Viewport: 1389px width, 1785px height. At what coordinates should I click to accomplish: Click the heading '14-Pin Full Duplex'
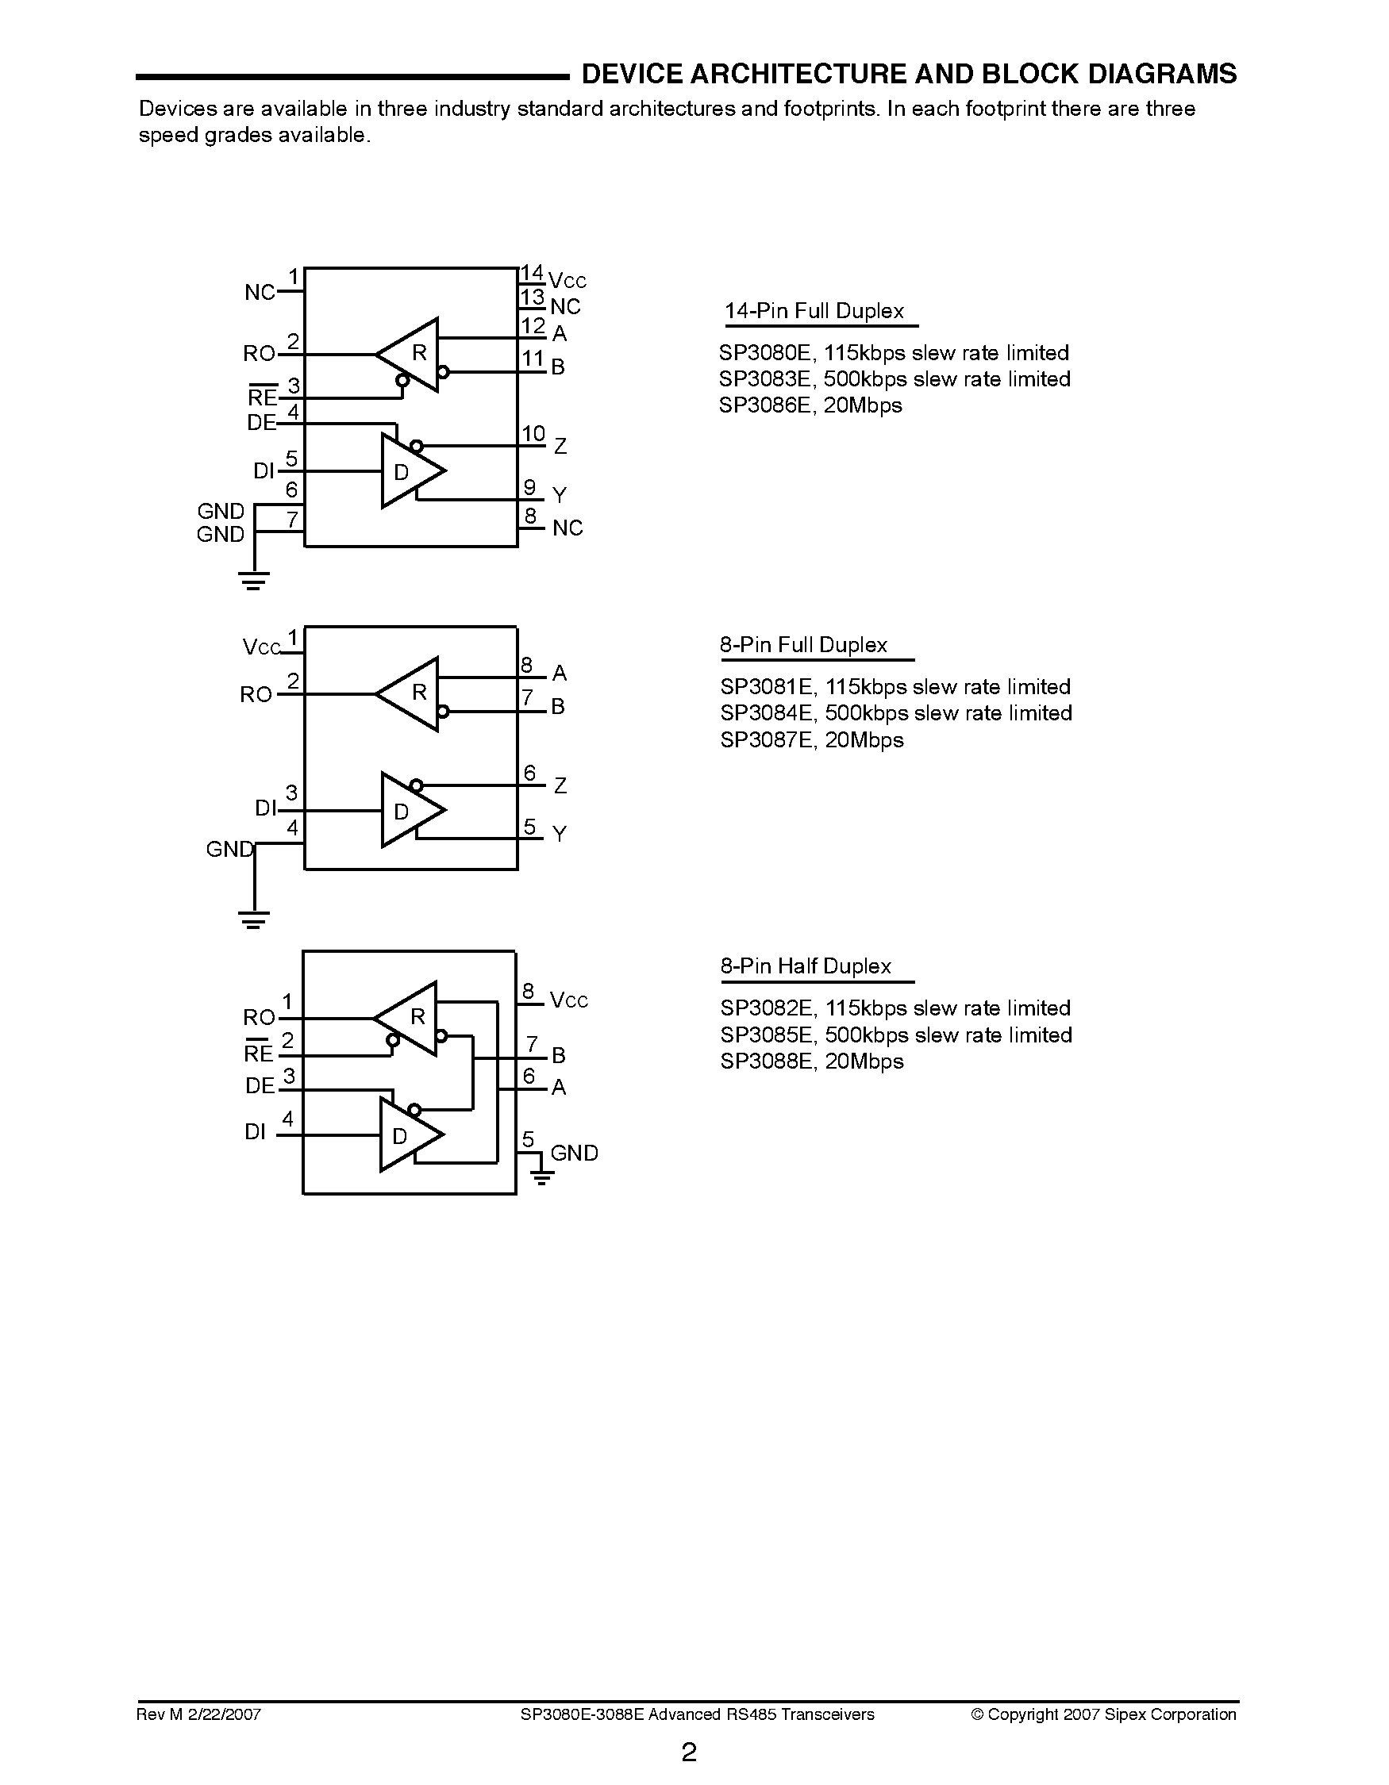pyautogui.click(x=814, y=312)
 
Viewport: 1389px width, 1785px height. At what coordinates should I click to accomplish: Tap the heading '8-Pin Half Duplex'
pyautogui.click(x=806, y=966)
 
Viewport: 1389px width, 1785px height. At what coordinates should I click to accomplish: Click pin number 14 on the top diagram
pyautogui.click(x=532, y=272)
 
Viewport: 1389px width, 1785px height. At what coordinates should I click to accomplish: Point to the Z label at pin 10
pyautogui.click(x=560, y=446)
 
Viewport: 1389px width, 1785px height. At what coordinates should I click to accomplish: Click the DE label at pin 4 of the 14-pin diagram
pyautogui.click(x=261, y=423)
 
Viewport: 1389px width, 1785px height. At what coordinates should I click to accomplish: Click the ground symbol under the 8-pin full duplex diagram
pyautogui.click(x=254, y=920)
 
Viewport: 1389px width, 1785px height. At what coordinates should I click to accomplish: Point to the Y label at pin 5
pyautogui.click(x=560, y=835)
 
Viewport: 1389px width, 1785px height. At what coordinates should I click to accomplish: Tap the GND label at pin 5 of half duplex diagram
pyautogui.click(x=574, y=1154)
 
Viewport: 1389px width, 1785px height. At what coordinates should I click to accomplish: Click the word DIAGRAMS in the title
pyautogui.click(x=1162, y=75)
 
